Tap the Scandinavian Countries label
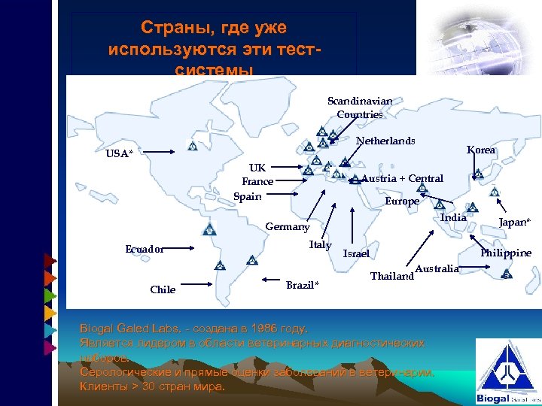359,108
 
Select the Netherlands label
385,141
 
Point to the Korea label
481,150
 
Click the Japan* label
515,221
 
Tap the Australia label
437,268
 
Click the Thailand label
392,276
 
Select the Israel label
356,253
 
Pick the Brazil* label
303,285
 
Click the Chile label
163,289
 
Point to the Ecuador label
145,249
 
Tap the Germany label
288,227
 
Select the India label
453,217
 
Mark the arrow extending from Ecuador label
192,247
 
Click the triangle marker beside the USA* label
192,145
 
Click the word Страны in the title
172,29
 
